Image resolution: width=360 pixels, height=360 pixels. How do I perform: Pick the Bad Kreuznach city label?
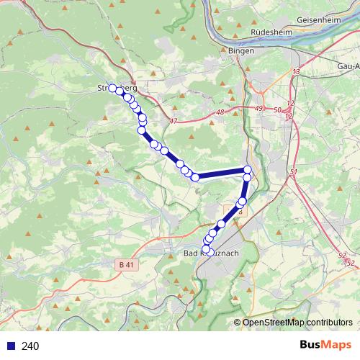pos(211,253)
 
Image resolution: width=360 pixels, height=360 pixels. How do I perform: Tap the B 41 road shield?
pos(125,265)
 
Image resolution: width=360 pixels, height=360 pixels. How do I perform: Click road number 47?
pos(173,122)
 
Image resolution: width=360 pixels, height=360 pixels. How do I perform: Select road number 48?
pos(220,112)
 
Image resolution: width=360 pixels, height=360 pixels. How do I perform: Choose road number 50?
pos(278,109)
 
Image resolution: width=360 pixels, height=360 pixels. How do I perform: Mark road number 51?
pos(292,173)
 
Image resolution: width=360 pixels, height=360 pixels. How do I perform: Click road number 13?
pos(296,72)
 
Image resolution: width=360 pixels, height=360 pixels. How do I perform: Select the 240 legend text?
pos(30,346)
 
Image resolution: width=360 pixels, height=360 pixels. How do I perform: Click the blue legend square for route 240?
pos(11,346)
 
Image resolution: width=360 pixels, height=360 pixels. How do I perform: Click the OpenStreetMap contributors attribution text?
pos(297,322)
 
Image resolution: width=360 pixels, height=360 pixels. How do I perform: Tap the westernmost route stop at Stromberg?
pos(112,88)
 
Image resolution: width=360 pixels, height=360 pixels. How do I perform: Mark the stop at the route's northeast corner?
pos(248,170)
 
